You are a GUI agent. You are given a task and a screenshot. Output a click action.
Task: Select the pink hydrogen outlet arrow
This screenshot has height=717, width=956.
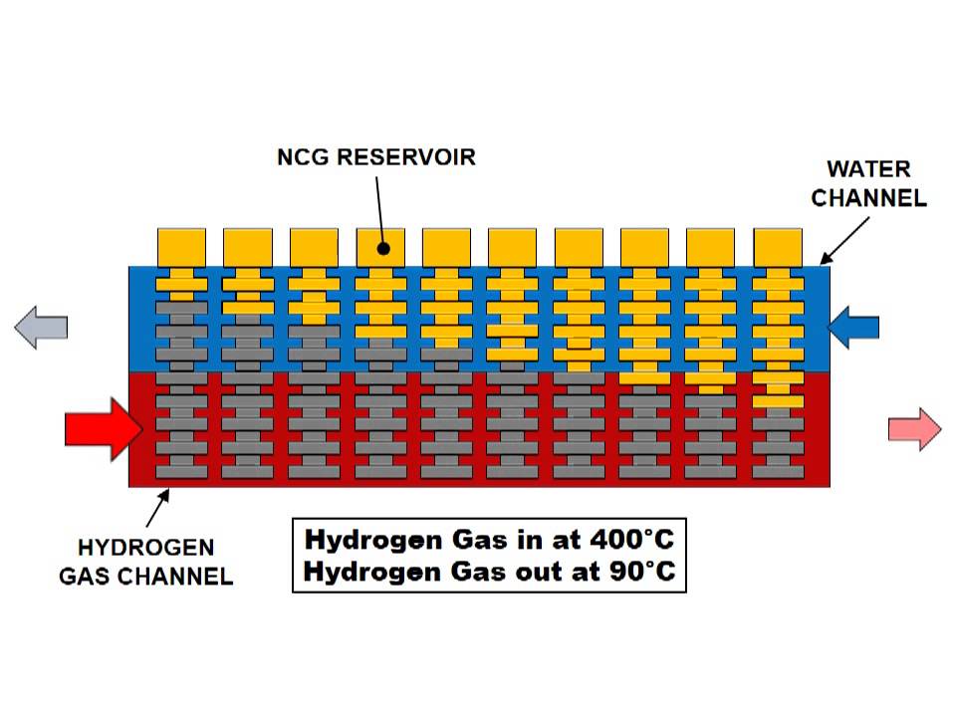[914, 429]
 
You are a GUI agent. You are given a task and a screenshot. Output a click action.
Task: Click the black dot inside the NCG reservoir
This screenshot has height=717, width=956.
[383, 249]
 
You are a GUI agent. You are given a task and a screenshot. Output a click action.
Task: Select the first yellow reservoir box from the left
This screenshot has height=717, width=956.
[182, 246]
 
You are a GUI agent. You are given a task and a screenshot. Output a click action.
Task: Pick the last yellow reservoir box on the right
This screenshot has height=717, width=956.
[778, 246]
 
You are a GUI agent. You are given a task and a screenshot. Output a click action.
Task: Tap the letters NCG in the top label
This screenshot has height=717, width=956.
[303, 157]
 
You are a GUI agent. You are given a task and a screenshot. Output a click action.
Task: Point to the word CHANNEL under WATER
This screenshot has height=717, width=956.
[868, 198]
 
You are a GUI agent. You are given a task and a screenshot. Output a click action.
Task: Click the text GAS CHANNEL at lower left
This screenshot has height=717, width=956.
[146, 576]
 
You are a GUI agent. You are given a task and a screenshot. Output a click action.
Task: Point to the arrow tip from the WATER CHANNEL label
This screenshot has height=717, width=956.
[824, 263]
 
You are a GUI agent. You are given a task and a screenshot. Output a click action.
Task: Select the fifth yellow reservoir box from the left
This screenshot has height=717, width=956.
[447, 246]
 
